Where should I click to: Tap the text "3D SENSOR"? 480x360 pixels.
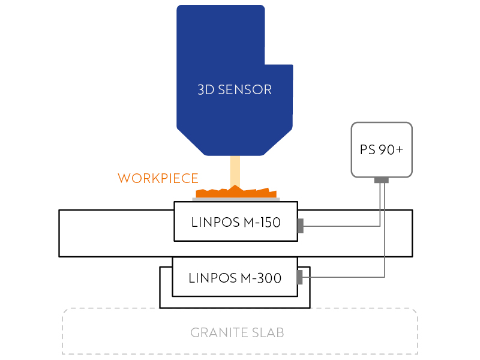[x=235, y=90]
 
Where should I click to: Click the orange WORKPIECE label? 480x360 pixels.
[x=158, y=178]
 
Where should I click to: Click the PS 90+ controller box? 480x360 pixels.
[x=382, y=149]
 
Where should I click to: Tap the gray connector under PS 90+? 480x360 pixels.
[x=382, y=180]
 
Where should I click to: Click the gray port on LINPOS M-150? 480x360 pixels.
[x=301, y=226]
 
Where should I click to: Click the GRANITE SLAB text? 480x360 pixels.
[x=237, y=332]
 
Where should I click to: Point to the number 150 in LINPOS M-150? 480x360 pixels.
[x=267, y=222]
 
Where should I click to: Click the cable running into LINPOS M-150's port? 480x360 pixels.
[x=342, y=226]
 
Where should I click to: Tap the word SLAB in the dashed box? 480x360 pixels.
[x=267, y=332]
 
